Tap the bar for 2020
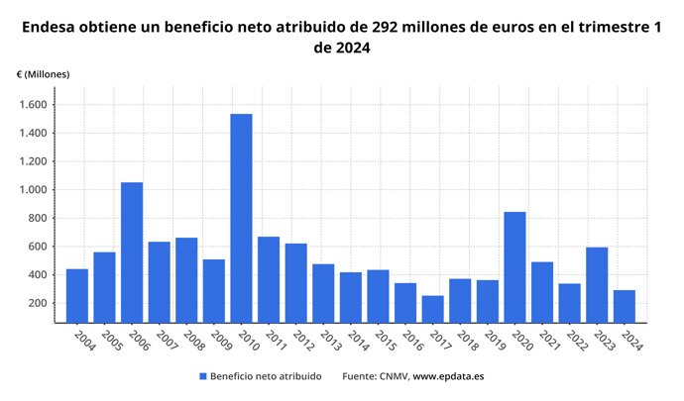coord(514,266)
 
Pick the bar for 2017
coord(432,308)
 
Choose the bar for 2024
coord(624,305)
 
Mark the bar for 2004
coord(77,295)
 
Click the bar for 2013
coord(323,292)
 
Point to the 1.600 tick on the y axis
coord(43,105)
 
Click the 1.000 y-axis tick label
coord(43,190)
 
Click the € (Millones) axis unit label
coord(44,74)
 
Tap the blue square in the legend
coord(203,376)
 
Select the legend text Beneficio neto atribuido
coord(268,376)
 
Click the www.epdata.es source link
coord(448,376)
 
